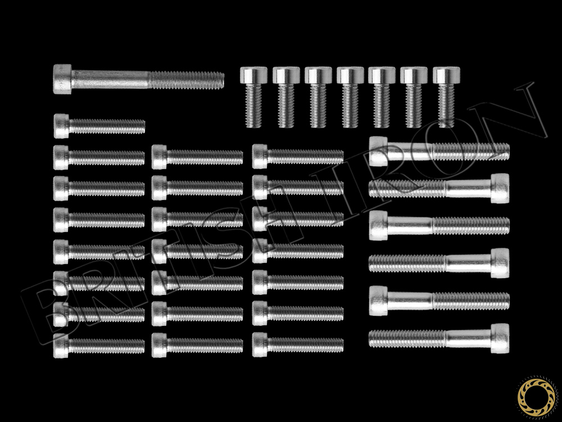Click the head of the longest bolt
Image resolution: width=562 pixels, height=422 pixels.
(62, 79)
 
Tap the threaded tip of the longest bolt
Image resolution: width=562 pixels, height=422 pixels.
(221, 80)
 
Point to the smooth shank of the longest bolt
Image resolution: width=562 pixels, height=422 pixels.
(110, 80)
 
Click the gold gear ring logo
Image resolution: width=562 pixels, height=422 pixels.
(536, 396)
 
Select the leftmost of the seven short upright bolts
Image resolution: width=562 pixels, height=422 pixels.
(253, 97)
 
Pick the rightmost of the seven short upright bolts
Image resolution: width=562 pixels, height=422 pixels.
(446, 97)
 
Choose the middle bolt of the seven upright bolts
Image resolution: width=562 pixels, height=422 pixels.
(350, 97)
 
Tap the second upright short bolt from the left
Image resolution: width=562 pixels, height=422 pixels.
(285, 97)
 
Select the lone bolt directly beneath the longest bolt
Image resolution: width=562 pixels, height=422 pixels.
(99, 126)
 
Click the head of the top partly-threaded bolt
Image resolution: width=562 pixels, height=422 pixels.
(378, 151)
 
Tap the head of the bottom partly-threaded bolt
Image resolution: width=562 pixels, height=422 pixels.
(500, 338)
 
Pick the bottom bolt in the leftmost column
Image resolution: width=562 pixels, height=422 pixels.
(99, 346)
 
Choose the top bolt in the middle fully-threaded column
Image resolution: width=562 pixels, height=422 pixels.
(197, 157)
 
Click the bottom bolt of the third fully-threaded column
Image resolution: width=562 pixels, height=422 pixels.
(298, 344)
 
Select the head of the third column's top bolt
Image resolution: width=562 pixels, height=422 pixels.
(260, 156)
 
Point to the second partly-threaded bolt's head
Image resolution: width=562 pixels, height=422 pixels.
(500, 188)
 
